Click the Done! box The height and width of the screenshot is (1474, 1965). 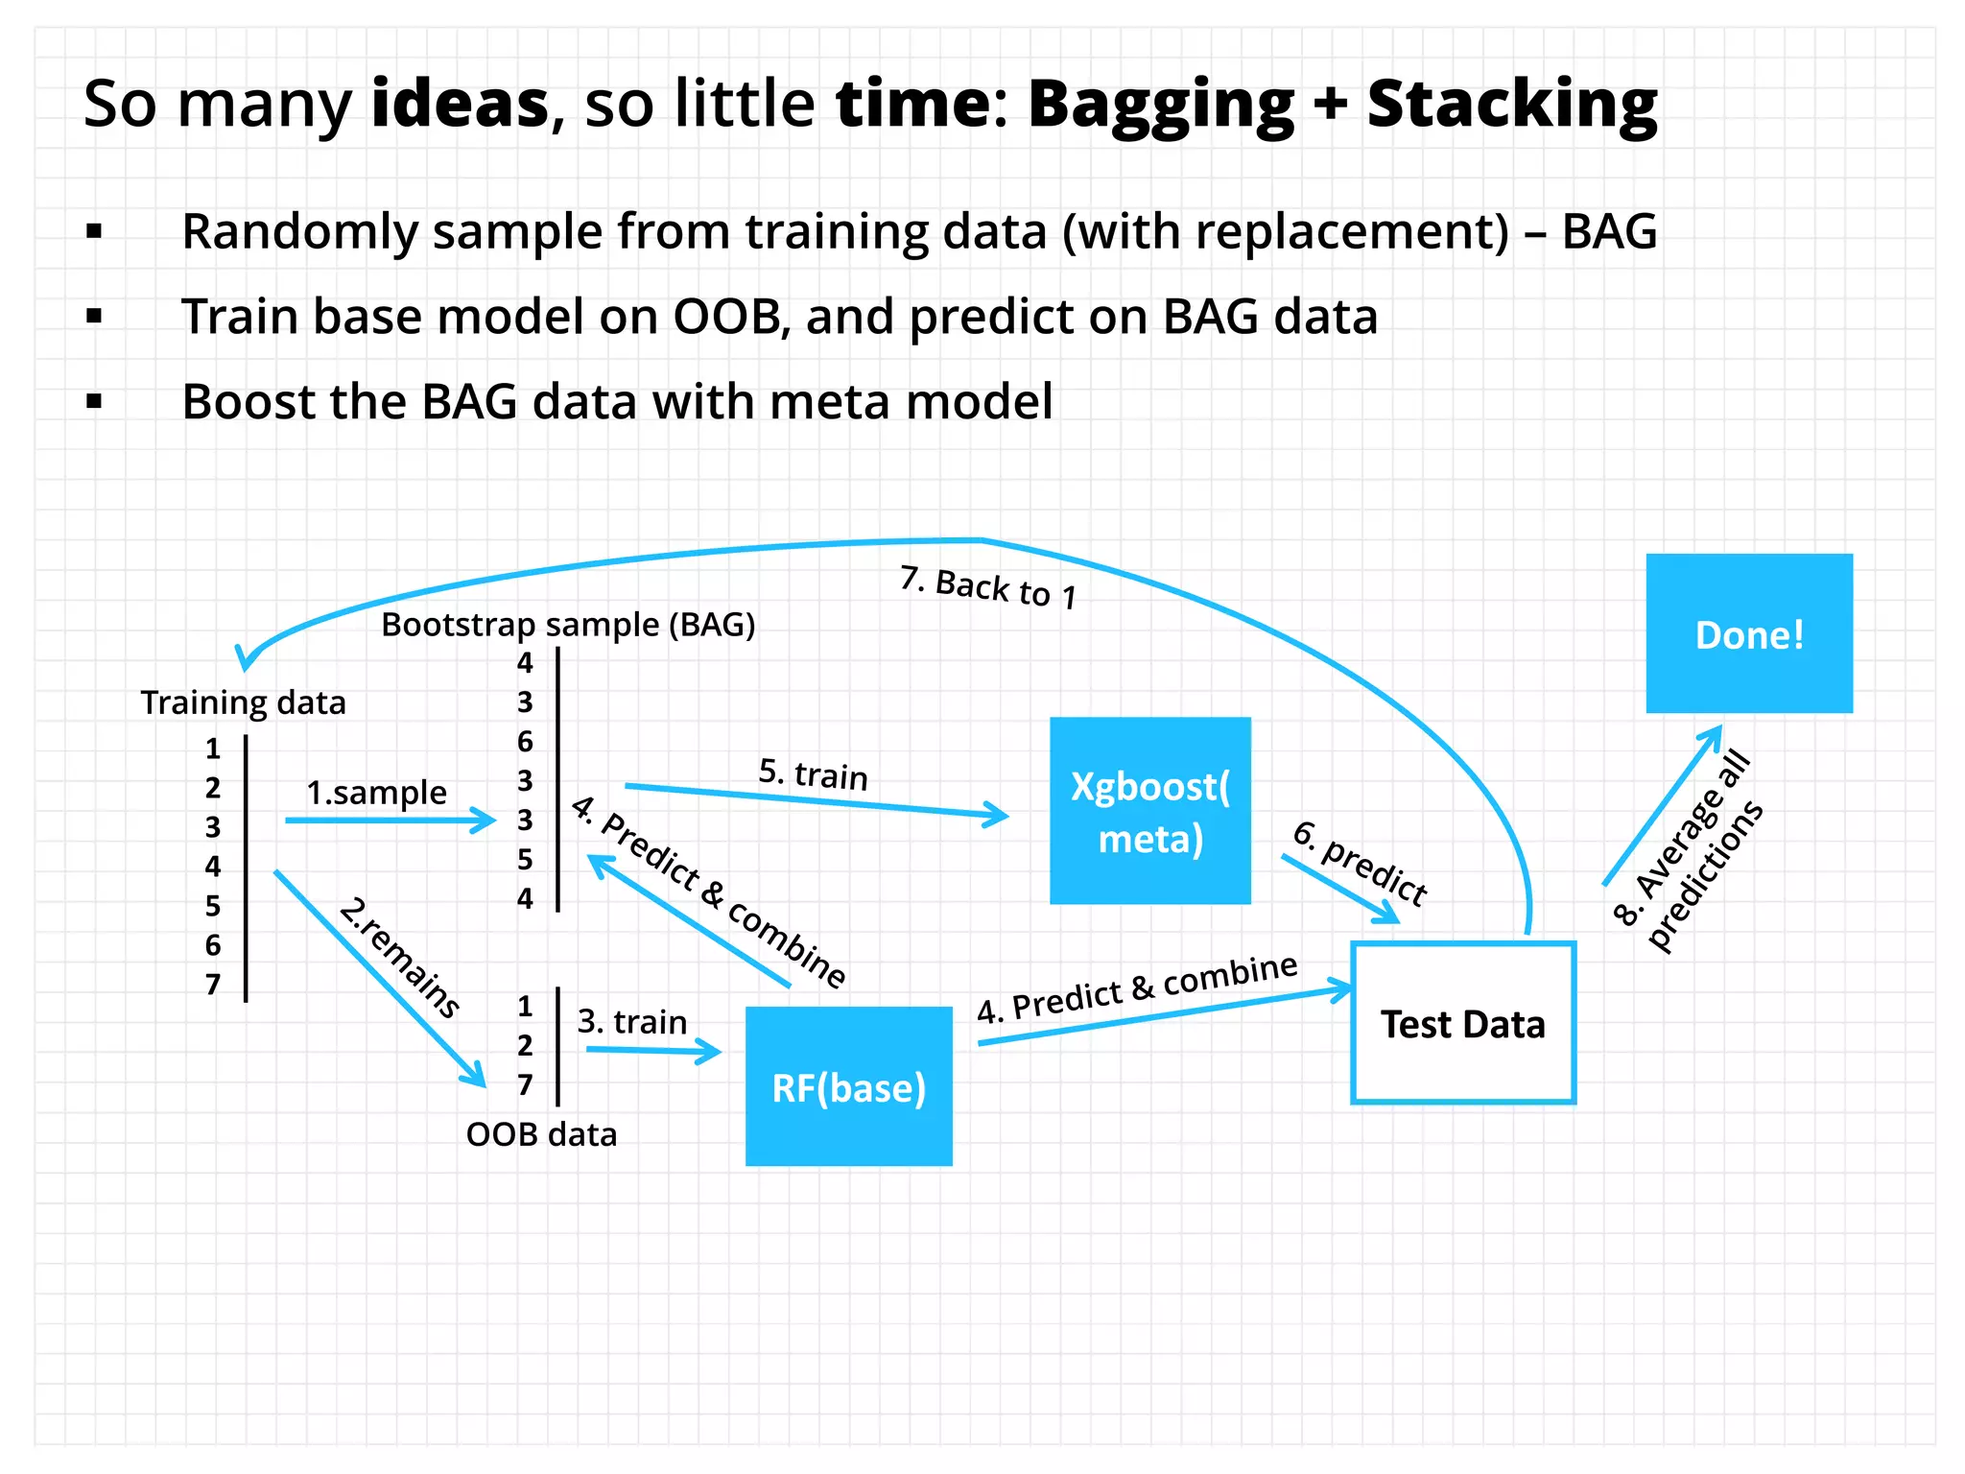(1748, 633)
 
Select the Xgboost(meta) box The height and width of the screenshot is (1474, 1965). (1149, 811)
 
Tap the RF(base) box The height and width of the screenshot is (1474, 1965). (848, 1086)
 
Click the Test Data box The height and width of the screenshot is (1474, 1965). (1462, 1023)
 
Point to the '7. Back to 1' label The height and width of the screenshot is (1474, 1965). (988, 587)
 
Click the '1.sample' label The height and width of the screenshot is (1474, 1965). (376, 793)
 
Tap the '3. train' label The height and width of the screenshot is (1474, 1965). (631, 1021)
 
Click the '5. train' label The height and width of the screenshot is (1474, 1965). (813, 773)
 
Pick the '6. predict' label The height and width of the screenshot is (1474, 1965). (1360, 863)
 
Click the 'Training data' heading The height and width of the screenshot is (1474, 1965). (243, 702)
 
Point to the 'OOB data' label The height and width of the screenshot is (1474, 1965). (541, 1134)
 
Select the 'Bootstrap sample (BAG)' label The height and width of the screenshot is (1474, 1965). (568, 625)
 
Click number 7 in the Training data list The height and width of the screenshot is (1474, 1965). (213, 985)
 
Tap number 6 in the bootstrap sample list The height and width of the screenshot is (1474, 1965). (525, 741)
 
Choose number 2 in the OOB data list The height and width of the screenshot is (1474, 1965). (525, 1045)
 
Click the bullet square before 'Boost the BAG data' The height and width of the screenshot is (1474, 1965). (94, 401)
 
